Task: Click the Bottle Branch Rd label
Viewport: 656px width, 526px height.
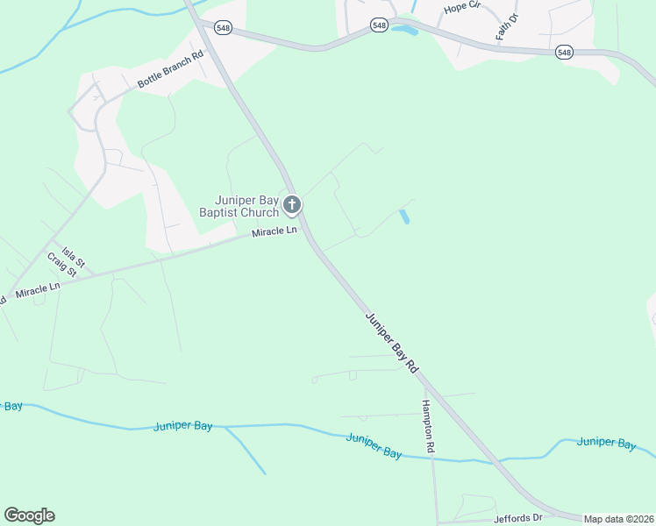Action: (x=170, y=70)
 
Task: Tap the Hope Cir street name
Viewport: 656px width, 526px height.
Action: (x=463, y=8)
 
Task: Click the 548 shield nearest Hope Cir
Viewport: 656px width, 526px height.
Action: (x=379, y=25)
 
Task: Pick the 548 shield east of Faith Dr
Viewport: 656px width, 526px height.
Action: (x=564, y=53)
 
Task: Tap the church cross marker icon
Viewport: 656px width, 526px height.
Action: (x=292, y=205)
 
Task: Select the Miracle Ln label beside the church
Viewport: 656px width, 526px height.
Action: (x=275, y=231)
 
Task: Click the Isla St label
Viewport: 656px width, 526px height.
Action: (x=72, y=255)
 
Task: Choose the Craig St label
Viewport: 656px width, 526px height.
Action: (x=62, y=264)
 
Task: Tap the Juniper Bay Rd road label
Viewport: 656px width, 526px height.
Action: (x=390, y=341)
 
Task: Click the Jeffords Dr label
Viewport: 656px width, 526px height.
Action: (x=518, y=517)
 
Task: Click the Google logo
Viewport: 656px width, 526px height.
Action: (x=29, y=515)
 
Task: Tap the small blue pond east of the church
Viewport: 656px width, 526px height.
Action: (x=404, y=216)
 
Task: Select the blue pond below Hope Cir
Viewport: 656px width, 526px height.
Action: (x=404, y=30)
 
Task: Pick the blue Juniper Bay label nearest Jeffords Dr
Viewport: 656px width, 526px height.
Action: (x=606, y=444)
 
